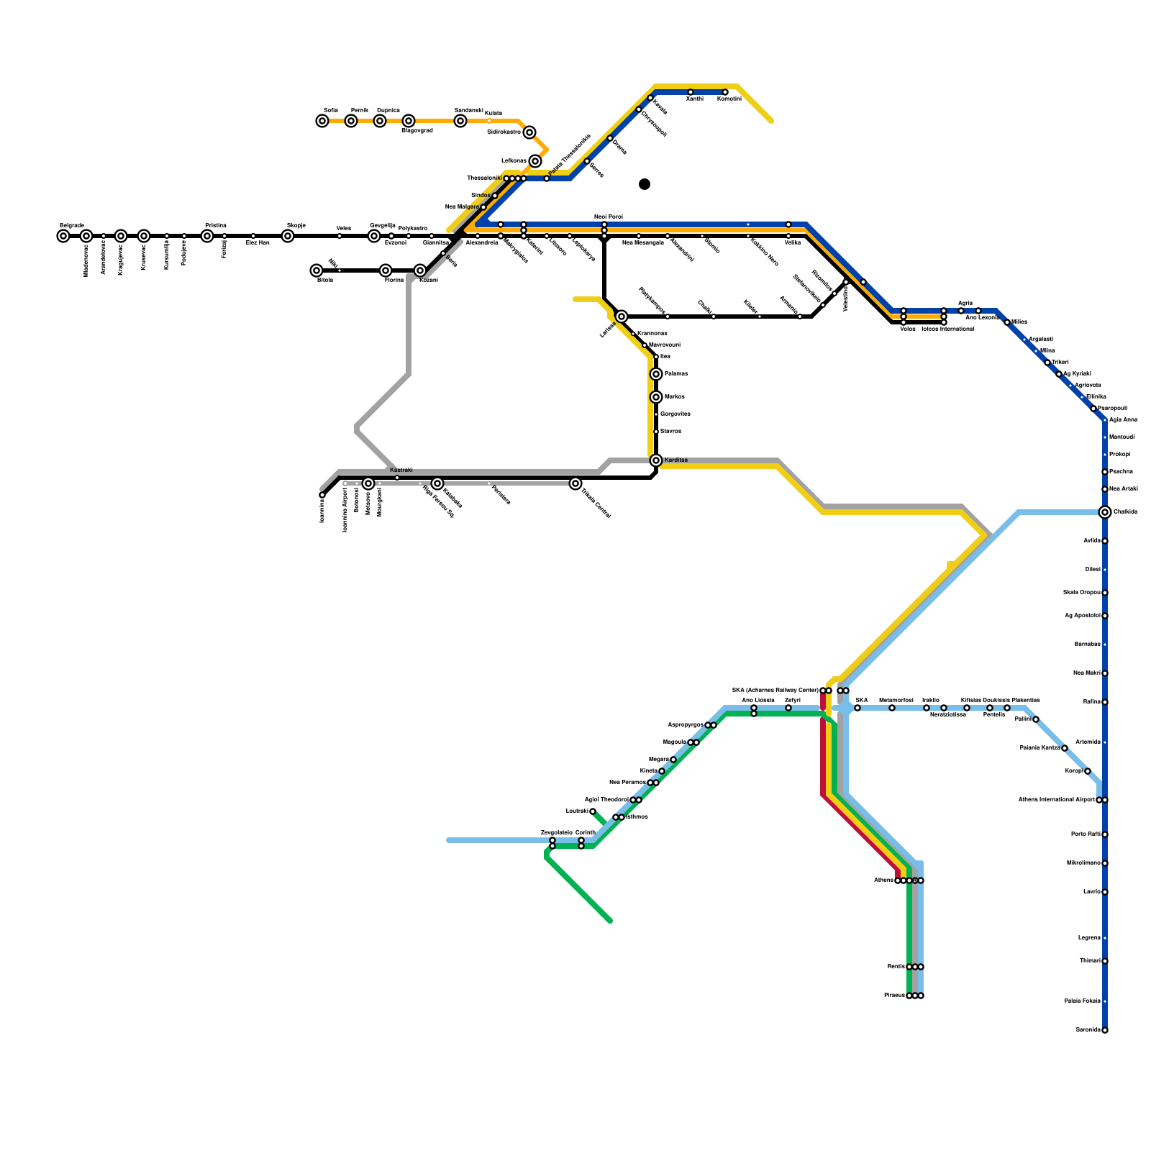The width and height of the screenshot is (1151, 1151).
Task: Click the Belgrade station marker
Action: point(63,236)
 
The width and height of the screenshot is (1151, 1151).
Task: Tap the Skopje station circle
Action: point(288,236)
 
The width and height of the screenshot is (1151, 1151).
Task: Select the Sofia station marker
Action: point(322,121)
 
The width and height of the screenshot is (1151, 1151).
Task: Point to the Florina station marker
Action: point(386,270)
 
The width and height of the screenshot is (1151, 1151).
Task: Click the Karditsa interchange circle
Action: point(656,460)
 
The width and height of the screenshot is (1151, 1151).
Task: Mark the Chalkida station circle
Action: point(1105,512)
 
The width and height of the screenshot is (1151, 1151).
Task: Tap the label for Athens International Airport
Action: point(1056,799)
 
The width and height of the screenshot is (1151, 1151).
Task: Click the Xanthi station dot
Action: point(691,92)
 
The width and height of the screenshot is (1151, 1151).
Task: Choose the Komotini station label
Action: point(729,99)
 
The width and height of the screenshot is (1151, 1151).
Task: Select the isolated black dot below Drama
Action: point(645,184)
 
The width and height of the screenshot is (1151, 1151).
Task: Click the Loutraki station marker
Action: point(593,811)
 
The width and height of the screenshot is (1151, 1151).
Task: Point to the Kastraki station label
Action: point(401,470)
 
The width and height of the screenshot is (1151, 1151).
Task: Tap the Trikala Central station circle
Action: point(575,483)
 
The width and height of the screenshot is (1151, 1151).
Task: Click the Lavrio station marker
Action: point(1105,892)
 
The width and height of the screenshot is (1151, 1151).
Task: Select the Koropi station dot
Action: point(1088,771)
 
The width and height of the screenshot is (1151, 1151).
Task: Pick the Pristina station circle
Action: point(207,236)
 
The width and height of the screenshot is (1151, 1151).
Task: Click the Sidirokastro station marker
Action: point(529,132)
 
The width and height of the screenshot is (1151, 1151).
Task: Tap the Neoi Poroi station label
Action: point(608,217)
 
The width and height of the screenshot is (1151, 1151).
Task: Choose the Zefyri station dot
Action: point(788,708)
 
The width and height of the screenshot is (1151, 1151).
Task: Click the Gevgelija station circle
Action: point(374,236)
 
